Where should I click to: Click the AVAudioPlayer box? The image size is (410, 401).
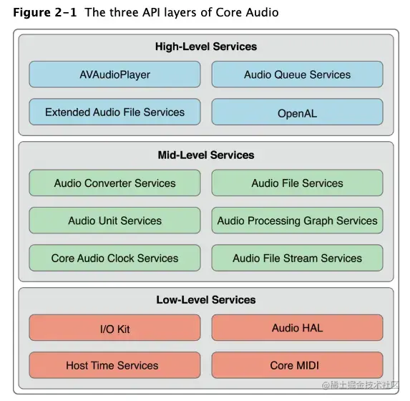pyautogui.click(x=114, y=74)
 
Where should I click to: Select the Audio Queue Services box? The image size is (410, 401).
pyautogui.click(x=297, y=74)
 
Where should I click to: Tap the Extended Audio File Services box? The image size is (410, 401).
pyautogui.click(x=114, y=112)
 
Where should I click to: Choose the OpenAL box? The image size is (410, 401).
pyautogui.click(x=297, y=113)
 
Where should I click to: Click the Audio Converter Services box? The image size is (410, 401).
pyautogui.click(x=114, y=183)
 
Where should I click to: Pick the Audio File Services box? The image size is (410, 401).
pyautogui.click(x=297, y=183)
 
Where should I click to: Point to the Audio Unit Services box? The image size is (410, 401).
pyautogui.click(x=114, y=221)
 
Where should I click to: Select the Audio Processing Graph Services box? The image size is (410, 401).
pyautogui.click(x=297, y=221)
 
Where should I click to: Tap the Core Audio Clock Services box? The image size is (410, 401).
pyautogui.click(x=114, y=259)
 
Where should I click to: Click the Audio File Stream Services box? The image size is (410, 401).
pyautogui.click(x=297, y=259)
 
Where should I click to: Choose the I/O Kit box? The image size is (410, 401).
pyautogui.click(x=114, y=329)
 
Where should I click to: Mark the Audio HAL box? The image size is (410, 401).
pyautogui.click(x=297, y=328)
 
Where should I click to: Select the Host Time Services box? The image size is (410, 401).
pyautogui.click(x=114, y=365)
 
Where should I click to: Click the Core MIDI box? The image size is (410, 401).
pyautogui.click(x=297, y=365)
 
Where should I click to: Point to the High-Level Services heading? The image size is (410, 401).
pyautogui.click(x=206, y=47)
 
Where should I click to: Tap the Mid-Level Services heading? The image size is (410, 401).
pyautogui.click(x=206, y=155)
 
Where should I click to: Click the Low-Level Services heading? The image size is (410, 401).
pyautogui.click(x=206, y=300)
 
